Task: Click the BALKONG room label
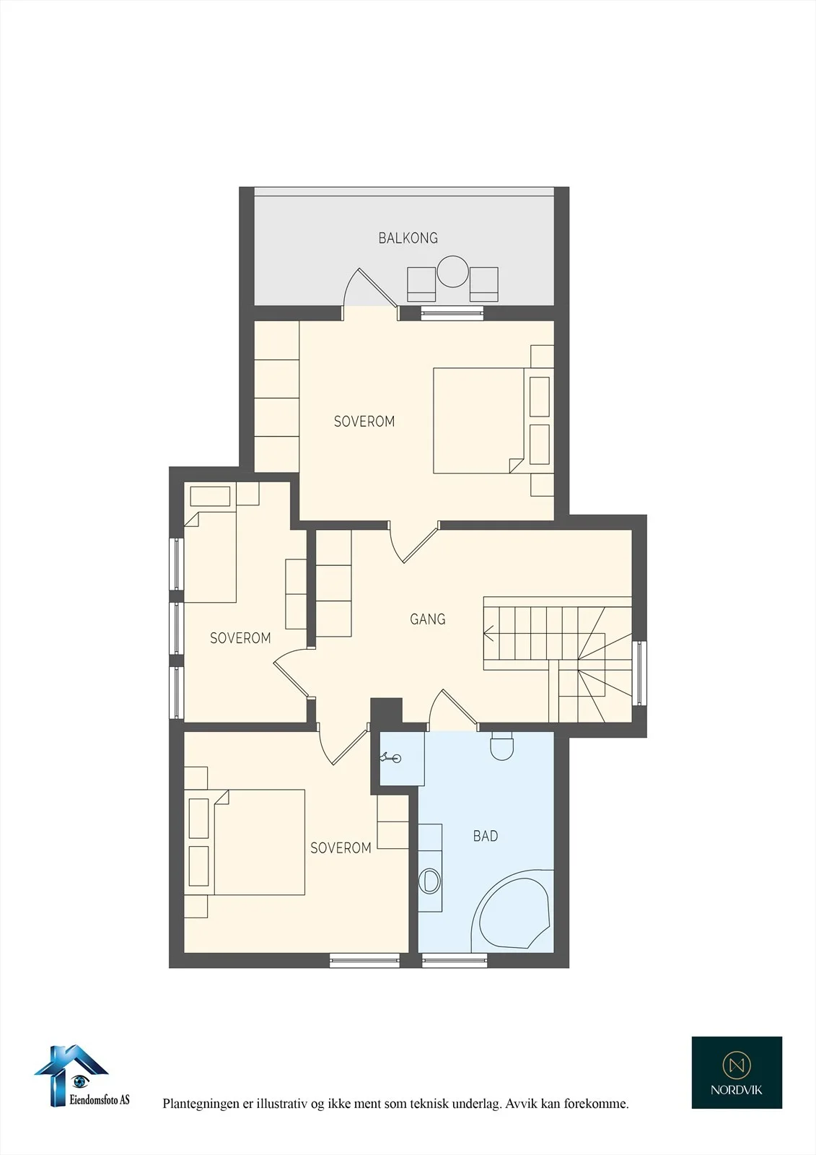click(408, 237)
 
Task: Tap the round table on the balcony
click(452, 271)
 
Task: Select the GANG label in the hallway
click(427, 619)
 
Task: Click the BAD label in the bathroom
click(486, 836)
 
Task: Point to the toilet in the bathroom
click(502, 746)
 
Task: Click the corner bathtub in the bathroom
click(512, 910)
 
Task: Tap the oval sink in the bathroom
click(429, 881)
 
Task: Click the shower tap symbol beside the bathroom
click(391, 757)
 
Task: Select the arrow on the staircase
click(488, 632)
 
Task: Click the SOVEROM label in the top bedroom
click(364, 422)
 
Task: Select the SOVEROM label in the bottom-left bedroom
click(341, 847)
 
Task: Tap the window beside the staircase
click(639, 673)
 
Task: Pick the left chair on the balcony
click(421, 284)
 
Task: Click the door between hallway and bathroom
click(454, 709)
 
